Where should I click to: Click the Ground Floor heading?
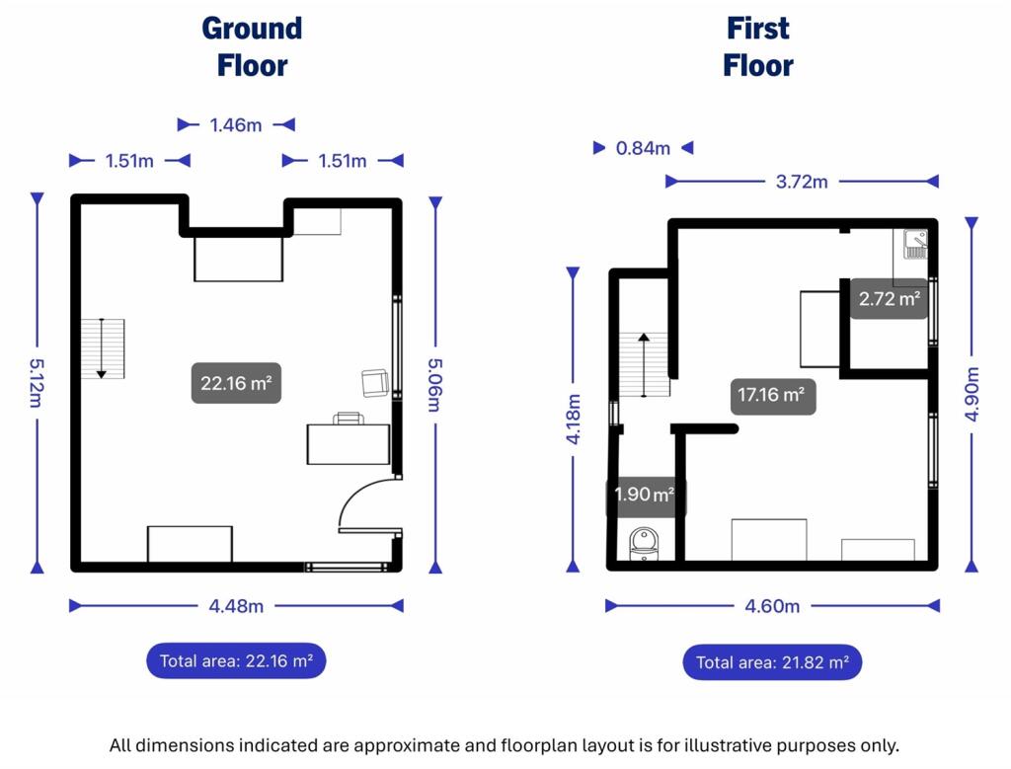tap(252, 47)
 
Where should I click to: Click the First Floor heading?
tap(758, 47)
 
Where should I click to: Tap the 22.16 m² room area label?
tap(236, 383)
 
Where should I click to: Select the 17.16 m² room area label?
tap(772, 395)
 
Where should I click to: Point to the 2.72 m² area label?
tap(890, 298)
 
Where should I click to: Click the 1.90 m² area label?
tap(644, 495)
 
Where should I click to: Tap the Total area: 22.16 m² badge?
tap(236, 660)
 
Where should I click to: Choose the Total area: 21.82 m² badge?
tap(772, 662)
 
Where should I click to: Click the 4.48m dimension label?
tap(236, 606)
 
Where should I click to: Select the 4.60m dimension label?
tap(772, 606)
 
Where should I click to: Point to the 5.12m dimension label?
tap(36, 383)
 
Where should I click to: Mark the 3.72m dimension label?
tap(802, 182)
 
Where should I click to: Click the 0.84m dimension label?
tap(643, 148)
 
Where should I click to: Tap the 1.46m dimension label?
tap(236, 124)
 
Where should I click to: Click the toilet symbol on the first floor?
tap(644, 545)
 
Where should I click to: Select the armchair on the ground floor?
tap(374, 383)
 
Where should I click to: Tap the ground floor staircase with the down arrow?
tap(103, 348)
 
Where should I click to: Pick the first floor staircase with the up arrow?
tap(644, 364)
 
